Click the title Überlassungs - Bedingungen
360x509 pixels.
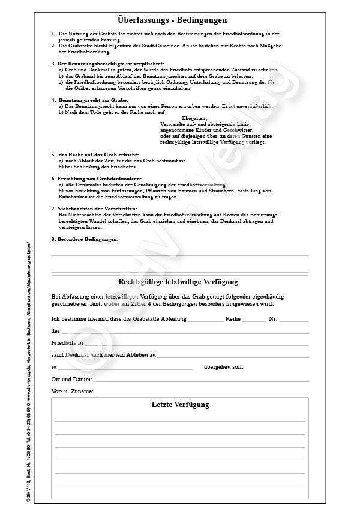click(180, 20)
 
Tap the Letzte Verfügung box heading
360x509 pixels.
click(180, 405)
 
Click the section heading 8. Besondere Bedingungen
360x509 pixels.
click(85, 239)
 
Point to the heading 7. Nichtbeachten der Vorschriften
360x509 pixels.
click(90, 207)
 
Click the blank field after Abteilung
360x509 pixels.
click(205, 320)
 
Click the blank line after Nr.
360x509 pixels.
click(294, 320)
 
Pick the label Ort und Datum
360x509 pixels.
click(72, 380)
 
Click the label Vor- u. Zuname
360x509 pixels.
click(73, 391)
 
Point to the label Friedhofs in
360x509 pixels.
click(68, 343)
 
